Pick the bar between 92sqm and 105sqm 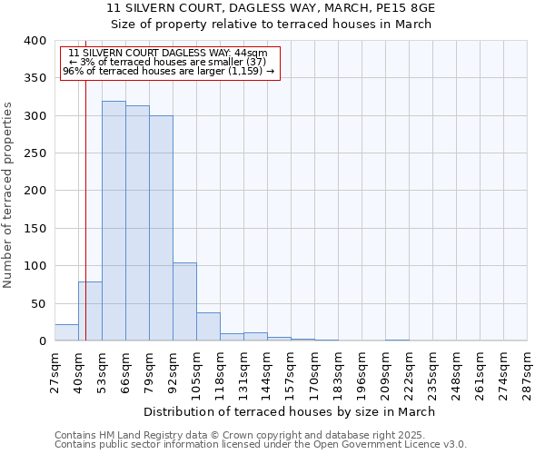[184, 301]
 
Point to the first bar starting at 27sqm [66, 332]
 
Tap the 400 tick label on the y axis [35, 41]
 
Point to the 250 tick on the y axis [35, 153]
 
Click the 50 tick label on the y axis [38, 303]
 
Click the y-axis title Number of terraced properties [9, 194]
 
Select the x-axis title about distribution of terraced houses [290, 411]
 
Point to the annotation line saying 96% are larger [169, 71]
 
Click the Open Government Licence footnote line [261, 445]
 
